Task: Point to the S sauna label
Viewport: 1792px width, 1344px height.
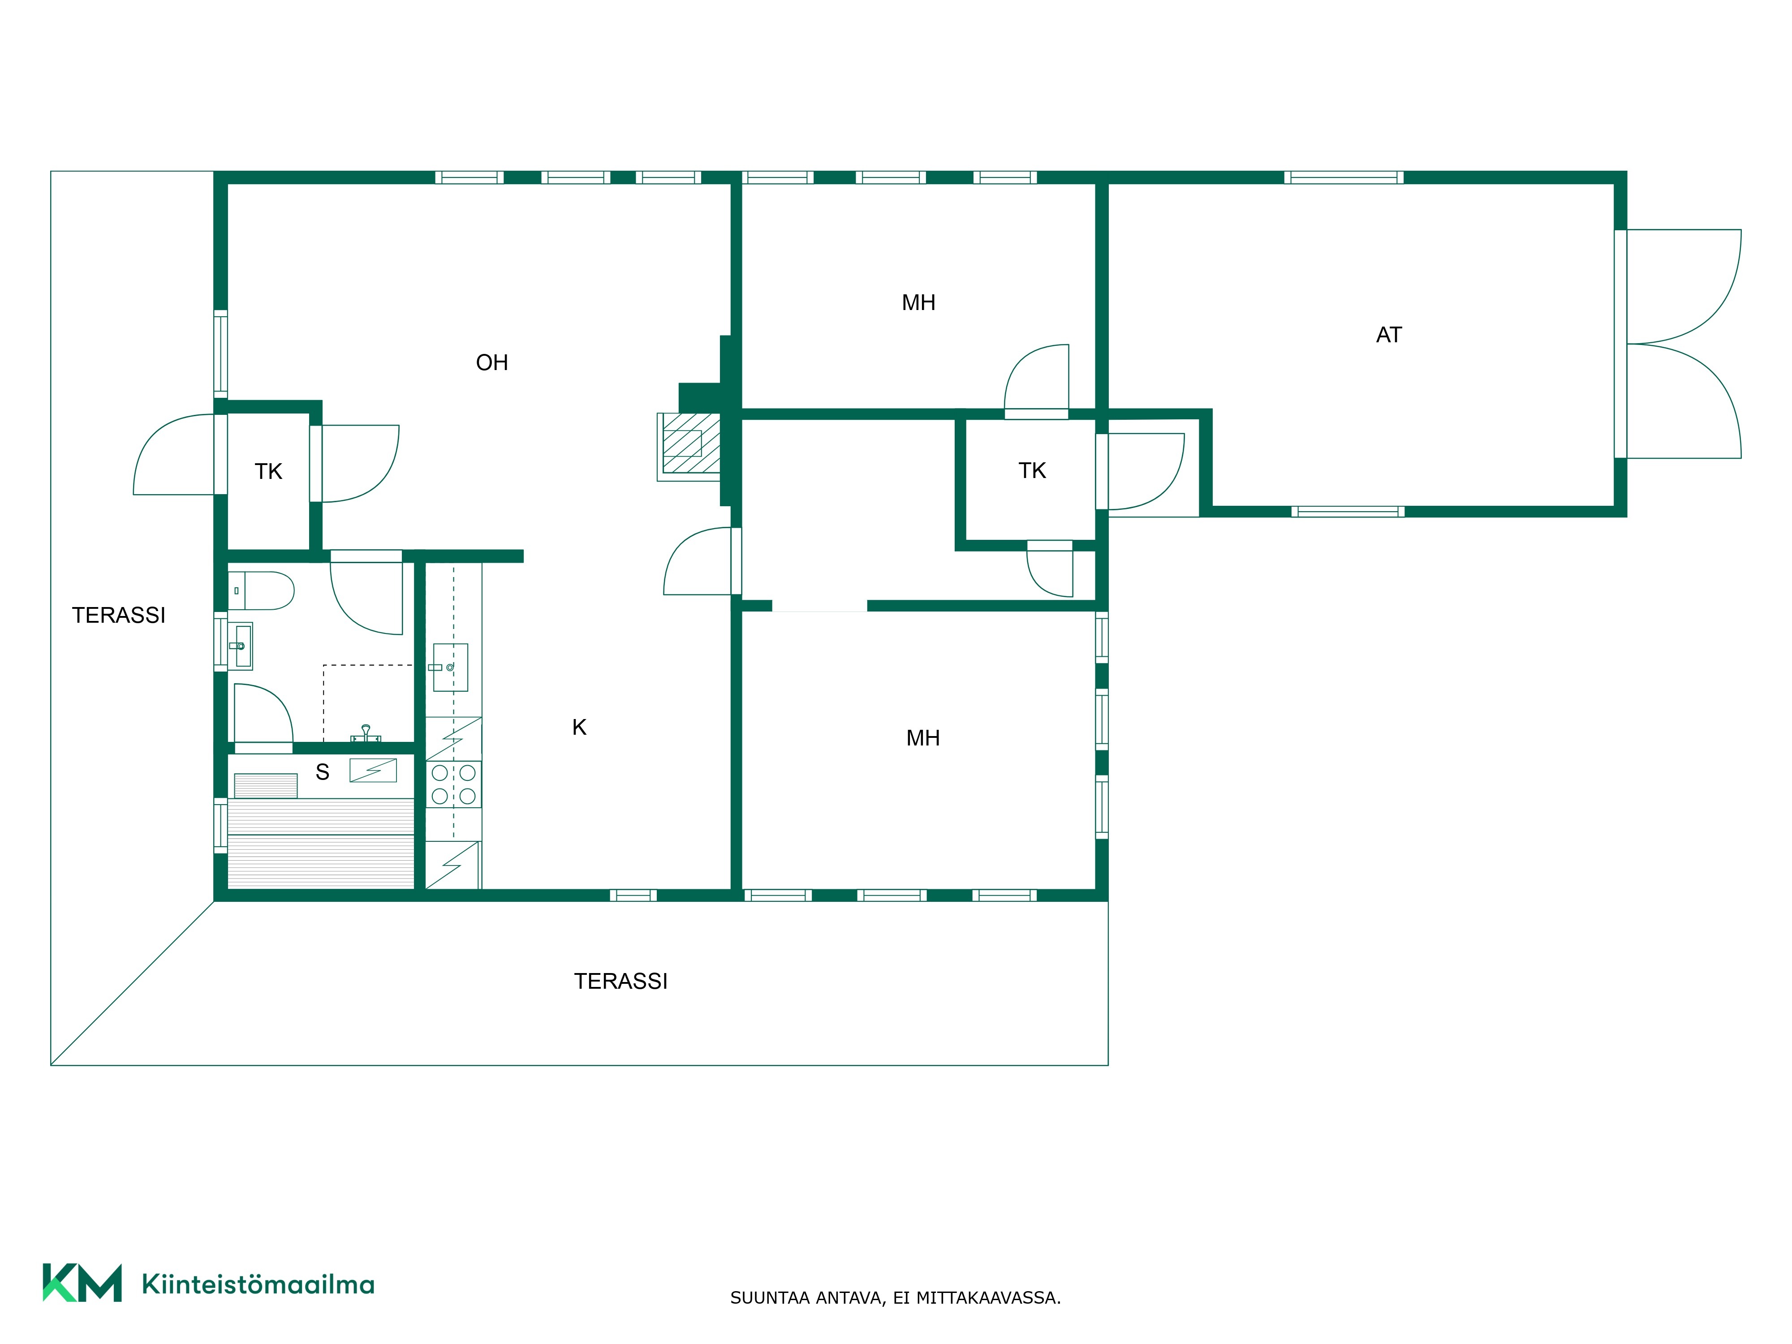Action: [323, 772]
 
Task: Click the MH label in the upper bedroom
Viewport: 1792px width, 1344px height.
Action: [919, 302]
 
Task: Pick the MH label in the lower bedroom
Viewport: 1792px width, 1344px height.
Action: [923, 738]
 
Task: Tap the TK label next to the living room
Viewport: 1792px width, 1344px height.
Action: [268, 471]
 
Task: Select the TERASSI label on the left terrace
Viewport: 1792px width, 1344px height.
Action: [118, 615]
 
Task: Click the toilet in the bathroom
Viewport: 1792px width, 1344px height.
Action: [261, 590]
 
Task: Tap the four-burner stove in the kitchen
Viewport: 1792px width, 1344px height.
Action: [454, 784]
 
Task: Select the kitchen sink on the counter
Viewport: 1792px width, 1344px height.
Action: [450, 668]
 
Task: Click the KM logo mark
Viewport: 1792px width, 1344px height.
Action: [82, 1283]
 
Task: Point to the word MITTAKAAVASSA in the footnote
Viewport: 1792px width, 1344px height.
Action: [988, 1298]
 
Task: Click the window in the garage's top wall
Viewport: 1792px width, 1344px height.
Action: [1344, 177]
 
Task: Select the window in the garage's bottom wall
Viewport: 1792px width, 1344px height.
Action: [1348, 511]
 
